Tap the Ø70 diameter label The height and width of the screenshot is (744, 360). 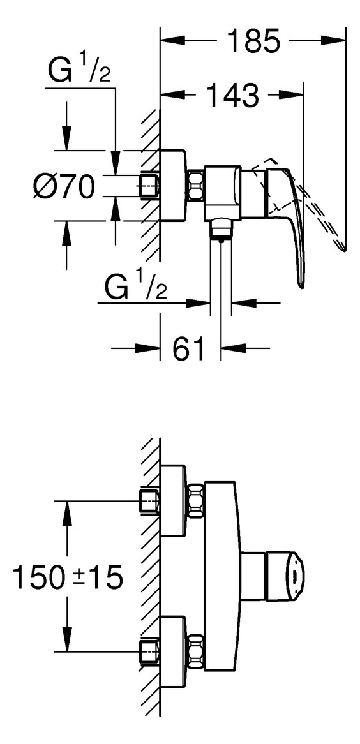[63, 186]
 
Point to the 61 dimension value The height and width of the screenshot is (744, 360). [190, 349]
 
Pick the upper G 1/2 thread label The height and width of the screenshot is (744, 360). [79, 70]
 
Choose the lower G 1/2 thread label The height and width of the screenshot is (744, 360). [135, 286]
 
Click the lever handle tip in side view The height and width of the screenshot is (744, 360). [301, 284]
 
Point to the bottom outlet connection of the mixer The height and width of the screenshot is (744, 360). [221, 228]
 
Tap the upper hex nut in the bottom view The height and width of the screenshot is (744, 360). [196, 500]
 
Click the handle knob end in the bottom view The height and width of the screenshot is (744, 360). [288, 576]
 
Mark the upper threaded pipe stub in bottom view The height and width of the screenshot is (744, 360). [149, 501]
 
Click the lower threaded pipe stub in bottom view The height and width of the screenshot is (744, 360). [149, 652]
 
